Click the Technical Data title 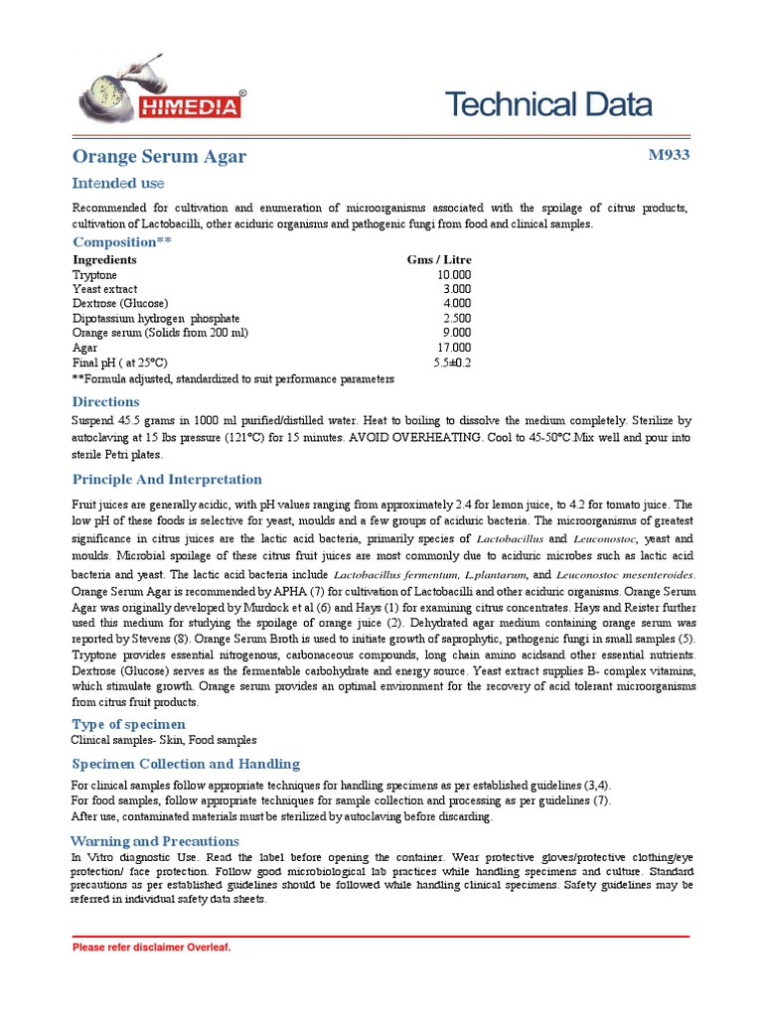click(x=547, y=104)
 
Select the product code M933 click(x=668, y=155)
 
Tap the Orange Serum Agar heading click(x=159, y=157)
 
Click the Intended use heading click(x=117, y=184)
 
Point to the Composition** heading click(x=122, y=242)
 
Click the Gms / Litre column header click(x=439, y=259)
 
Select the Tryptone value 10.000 click(x=454, y=274)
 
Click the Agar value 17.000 click(x=454, y=348)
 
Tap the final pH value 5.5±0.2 click(x=452, y=363)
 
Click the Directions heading click(x=105, y=401)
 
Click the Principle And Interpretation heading click(x=167, y=480)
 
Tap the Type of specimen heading click(x=128, y=724)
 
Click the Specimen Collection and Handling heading click(x=185, y=764)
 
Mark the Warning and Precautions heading click(x=157, y=840)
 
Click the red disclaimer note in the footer click(x=152, y=947)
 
